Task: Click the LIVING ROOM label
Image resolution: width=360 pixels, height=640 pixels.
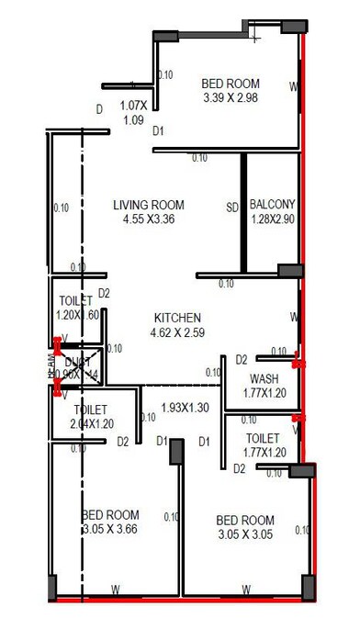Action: click(x=149, y=205)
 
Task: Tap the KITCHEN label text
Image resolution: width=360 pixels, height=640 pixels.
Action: click(x=177, y=317)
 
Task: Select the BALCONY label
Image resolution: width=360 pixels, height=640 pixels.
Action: click(x=273, y=204)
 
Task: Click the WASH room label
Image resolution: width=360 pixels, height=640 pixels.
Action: click(x=264, y=379)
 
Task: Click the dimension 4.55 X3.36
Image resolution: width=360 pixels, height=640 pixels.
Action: click(x=149, y=219)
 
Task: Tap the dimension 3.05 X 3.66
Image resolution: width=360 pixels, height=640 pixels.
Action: click(x=109, y=530)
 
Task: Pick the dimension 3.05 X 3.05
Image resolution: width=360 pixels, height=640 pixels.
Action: click(x=245, y=534)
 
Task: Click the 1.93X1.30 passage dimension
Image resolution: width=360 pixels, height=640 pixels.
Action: click(x=186, y=407)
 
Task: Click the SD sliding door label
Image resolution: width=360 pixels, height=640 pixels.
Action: click(x=232, y=206)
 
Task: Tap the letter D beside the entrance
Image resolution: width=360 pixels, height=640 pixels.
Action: click(x=99, y=109)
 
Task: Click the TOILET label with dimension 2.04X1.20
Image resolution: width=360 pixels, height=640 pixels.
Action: click(x=91, y=409)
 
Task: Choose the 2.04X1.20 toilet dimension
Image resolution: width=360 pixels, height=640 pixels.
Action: click(x=91, y=423)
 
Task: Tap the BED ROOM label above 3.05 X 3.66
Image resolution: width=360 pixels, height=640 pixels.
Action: click(x=109, y=515)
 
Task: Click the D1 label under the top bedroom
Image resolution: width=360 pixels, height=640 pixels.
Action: click(x=159, y=131)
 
